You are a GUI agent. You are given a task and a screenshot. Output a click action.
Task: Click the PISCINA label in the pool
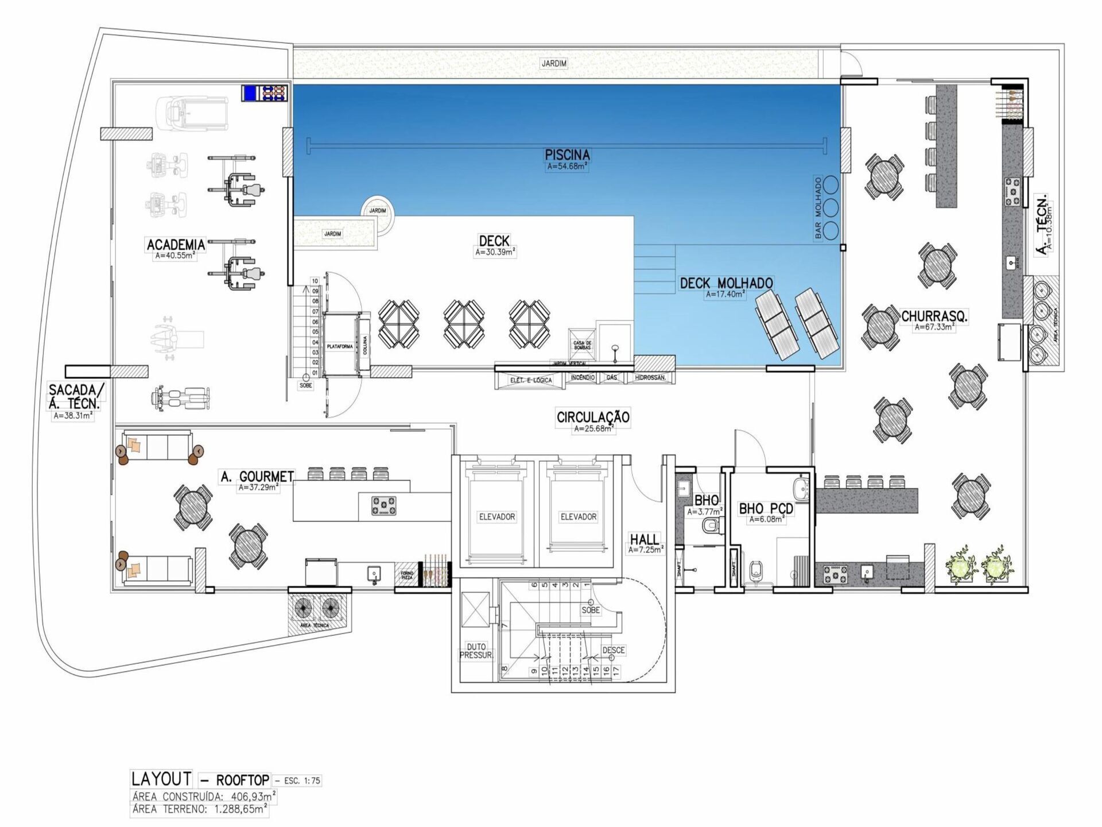coord(567,155)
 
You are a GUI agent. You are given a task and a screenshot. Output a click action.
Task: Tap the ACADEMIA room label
coord(176,245)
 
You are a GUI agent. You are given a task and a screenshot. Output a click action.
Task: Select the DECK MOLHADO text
coord(726,283)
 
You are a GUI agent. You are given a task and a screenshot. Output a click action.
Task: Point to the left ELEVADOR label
coord(497,517)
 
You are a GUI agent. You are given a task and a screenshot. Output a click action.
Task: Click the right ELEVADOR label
coord(578,517)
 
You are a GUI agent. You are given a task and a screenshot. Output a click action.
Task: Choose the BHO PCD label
coord(766,509)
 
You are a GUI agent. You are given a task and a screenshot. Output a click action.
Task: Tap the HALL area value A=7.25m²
coord(646,550)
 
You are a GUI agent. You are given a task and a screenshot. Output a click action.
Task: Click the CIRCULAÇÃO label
coord(593,417)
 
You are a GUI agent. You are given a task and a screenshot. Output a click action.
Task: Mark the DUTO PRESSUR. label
coord(476,651)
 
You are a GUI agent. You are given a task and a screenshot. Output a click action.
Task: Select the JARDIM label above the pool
coord(554,64)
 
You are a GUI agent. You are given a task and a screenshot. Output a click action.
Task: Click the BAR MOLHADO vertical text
coord(818,208)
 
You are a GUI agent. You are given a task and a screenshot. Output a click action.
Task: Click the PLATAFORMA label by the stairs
coord(339,347)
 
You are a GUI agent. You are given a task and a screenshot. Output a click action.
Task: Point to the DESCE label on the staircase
coord(613,650)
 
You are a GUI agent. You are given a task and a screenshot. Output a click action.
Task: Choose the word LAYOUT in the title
coord(161,779)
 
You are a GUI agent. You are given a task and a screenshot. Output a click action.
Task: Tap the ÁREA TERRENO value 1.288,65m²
coord(240,809)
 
